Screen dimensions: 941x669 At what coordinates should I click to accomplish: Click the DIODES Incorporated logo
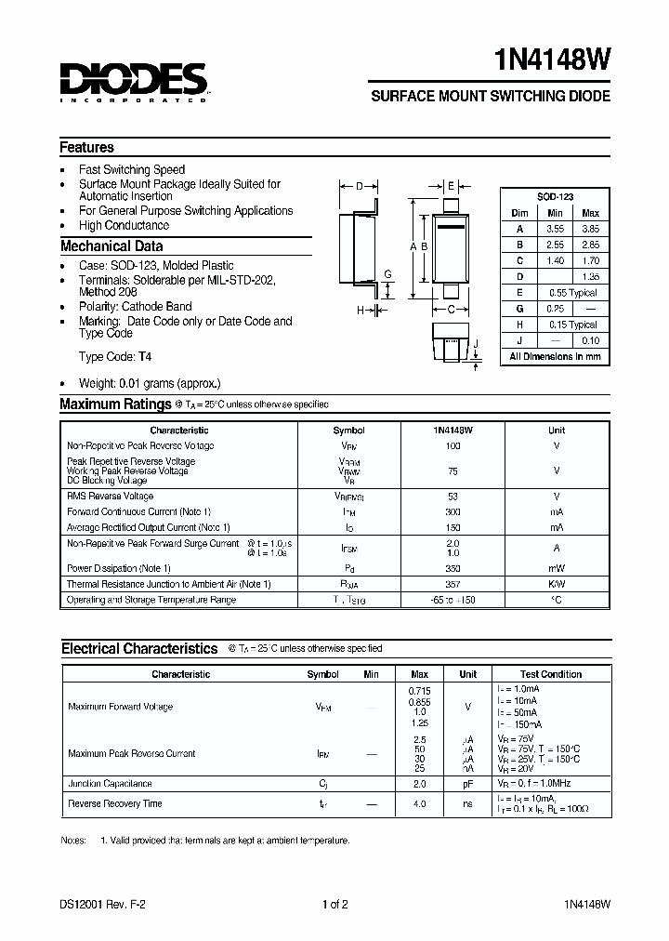[x=133, y=81]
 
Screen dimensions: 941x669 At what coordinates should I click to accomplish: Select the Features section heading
[x=86, y=147]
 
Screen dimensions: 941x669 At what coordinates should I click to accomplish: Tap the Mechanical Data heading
[x=111, y=246]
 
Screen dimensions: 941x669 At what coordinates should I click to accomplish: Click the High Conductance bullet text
[x=124, y=225]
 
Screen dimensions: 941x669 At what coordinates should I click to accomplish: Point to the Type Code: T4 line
[x=115, y=356]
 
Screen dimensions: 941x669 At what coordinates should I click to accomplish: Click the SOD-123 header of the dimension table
[x=555, y=197]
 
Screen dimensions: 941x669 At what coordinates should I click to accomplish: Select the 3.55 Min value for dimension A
[x=555, y=228]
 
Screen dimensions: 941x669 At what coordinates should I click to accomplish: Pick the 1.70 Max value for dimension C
[x=589, y=261]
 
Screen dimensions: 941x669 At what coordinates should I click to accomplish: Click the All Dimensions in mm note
[x=555, y=356]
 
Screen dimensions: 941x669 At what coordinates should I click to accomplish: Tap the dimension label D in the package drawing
[x=359, y=186]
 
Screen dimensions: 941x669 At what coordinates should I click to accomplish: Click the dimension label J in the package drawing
[x=476, y=344]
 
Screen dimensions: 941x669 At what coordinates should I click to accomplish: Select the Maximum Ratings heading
[x=114, y=404]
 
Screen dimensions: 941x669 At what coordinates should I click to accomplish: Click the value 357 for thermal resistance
[x=453, y=584]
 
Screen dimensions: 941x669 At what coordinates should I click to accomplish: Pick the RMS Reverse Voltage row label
[x=110, y=497]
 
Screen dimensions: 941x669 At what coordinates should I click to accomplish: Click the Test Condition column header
[x=551, y=674]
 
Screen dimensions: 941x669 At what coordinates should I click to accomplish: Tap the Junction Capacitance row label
[x=110, y=784]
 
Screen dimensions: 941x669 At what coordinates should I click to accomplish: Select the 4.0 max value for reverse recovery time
[x=419, y=803]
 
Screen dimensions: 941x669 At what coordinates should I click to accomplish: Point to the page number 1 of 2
[x=334, y=904]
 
